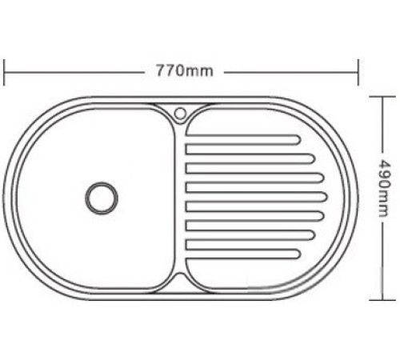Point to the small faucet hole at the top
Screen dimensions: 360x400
point(179,110)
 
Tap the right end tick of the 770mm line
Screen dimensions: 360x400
point(358,71)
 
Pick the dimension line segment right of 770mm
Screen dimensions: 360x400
point(288,71)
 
